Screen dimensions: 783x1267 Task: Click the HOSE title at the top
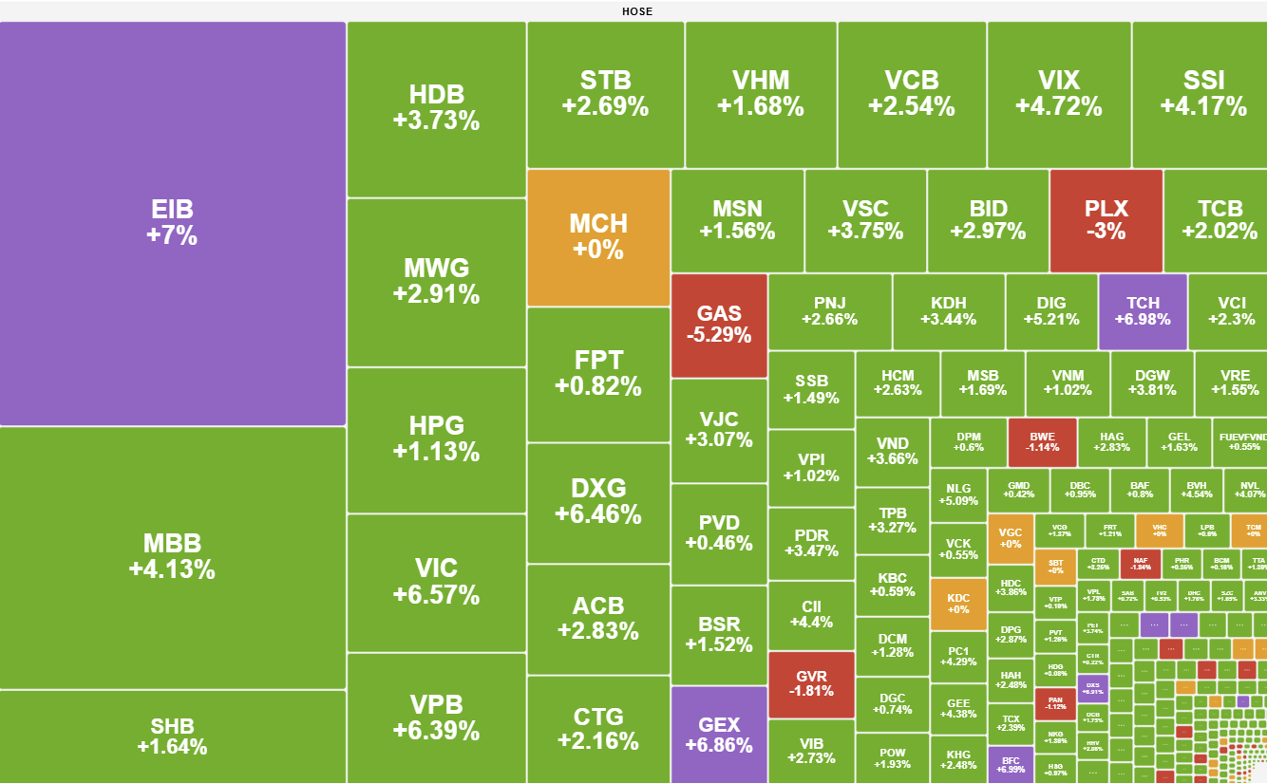tap(637, 11)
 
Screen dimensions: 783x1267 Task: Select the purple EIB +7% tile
tap(172, 223)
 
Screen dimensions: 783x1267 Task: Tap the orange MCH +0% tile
tap(598, 237)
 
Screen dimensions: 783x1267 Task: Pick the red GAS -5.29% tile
tap(719, 325)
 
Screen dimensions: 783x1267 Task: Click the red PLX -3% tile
tap(1106, 220)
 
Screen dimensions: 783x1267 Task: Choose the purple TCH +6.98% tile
tap(1143, 311)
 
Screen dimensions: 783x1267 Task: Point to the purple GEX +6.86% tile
tap(719, 734)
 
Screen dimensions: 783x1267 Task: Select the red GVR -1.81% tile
tap(811, 683)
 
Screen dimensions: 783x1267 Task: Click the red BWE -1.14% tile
tap(1042, 442)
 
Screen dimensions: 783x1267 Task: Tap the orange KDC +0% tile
tap(958, 604)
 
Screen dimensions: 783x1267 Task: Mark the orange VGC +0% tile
tap(1011, 538)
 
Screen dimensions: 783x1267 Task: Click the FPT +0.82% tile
tap(598, 373)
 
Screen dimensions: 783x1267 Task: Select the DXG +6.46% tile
tap(598, 502)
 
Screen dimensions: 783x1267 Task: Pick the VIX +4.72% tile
tap(1059, 93)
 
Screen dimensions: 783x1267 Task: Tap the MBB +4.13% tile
tap(172, 557)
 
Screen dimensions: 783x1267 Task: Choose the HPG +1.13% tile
tap(436, 438)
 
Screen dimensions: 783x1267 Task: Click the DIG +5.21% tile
tap(1051, 311)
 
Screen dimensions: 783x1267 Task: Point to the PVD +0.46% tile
tap(719, 533)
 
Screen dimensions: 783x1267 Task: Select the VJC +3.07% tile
tap(719, 430)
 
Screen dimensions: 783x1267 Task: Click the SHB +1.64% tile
tap(172, 736)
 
